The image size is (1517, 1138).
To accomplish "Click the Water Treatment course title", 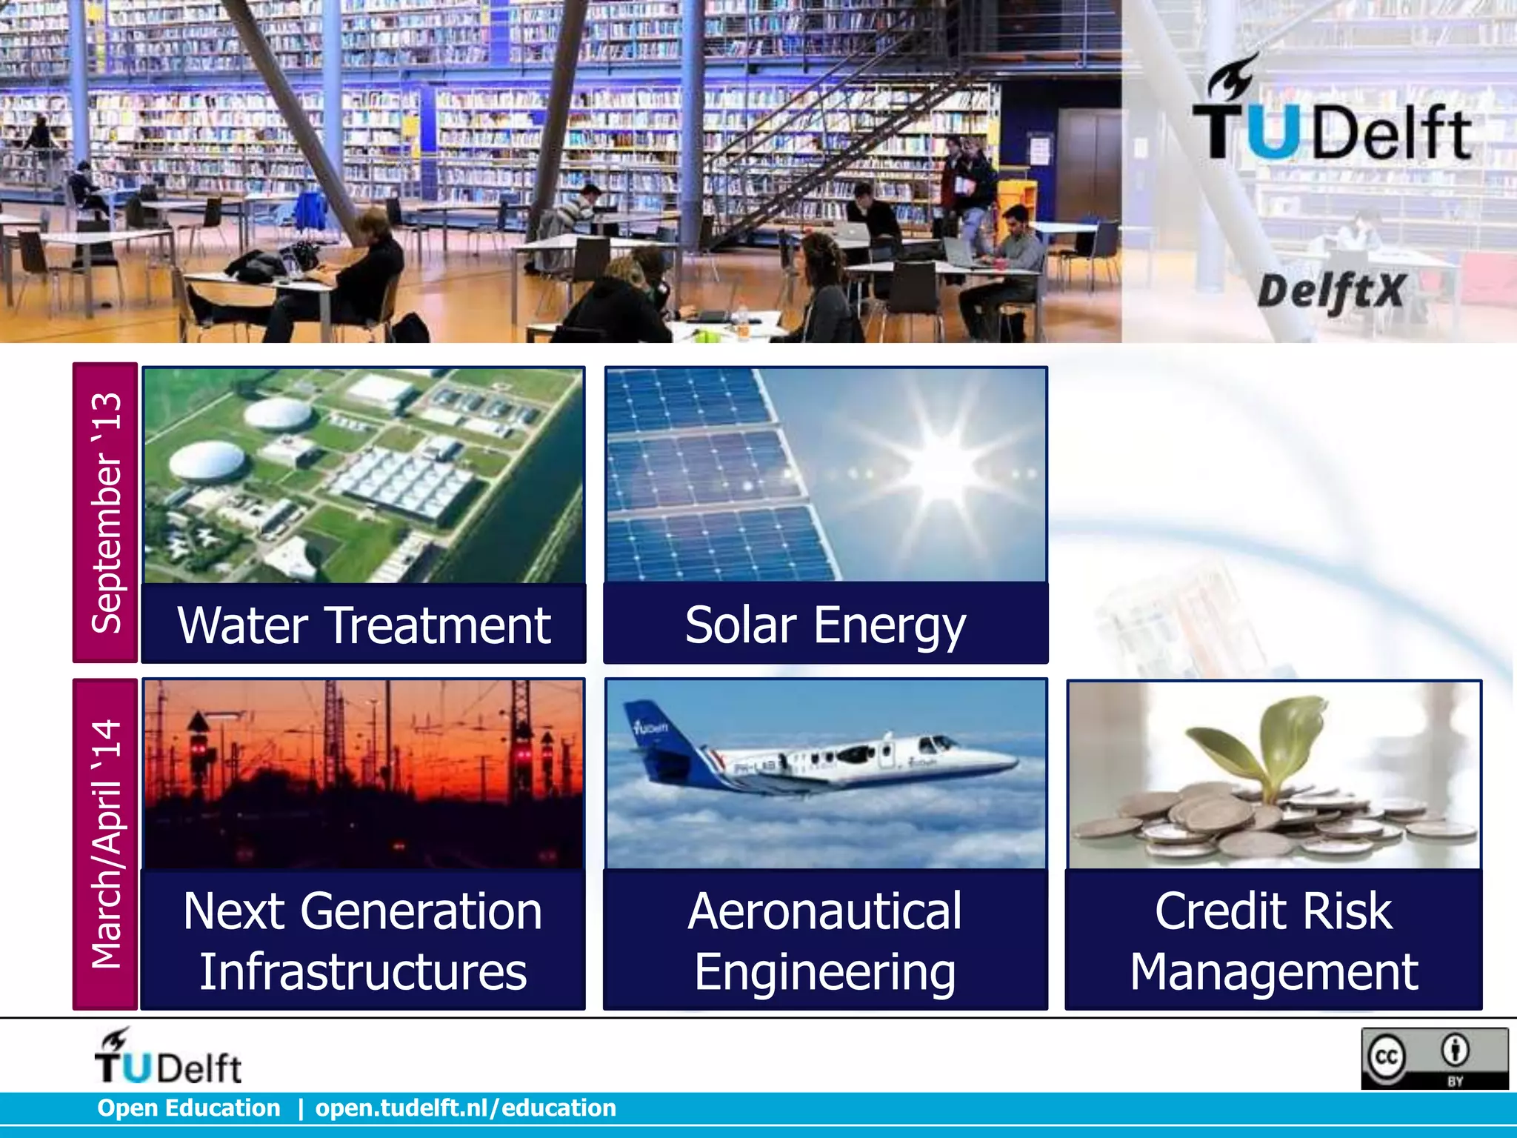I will point(364,625).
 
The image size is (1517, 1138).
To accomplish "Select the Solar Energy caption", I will point(825,625).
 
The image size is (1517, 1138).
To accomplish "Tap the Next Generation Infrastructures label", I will point(363,940).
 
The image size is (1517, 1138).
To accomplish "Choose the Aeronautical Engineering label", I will point(825,940).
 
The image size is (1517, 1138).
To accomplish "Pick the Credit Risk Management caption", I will point(1273,940).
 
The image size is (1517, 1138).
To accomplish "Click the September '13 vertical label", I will point(105,513).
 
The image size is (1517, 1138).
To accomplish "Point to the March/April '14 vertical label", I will point(105,844).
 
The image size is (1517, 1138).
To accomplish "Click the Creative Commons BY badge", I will point(1434,1058).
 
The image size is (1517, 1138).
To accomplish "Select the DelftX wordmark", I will point(1331,291).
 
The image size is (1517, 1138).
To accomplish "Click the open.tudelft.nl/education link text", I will point(466,1108).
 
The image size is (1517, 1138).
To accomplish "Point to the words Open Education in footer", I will point(189,1108).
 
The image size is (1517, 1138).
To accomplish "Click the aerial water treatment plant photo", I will point(364,475).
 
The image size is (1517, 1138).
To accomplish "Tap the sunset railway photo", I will point(364,774).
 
